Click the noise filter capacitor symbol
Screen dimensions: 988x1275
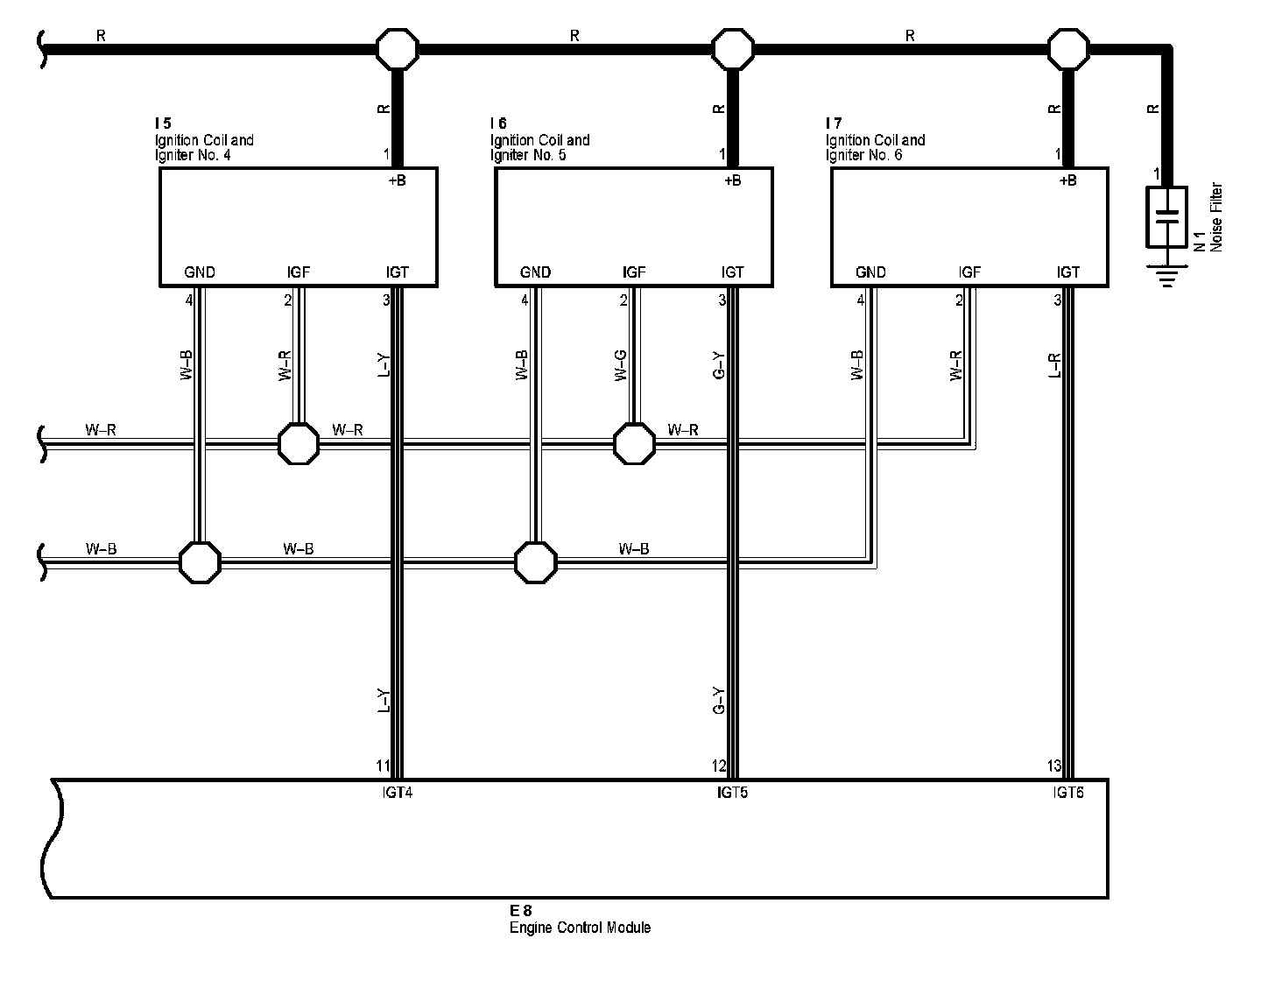[x=1166, y=216]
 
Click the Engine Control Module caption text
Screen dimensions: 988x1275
[x=580, y=928]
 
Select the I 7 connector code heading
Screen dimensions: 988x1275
[x=833, y=123]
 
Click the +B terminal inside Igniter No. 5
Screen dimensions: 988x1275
[x=733, y=181]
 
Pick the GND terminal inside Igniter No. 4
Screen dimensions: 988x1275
[x=200, y=272]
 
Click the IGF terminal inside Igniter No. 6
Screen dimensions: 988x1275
[x=969, y=272]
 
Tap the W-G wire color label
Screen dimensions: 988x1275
[x=621, y=365]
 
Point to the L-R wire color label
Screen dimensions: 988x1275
[x=1055, y=365]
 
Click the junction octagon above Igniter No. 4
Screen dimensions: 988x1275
[x=397, y=48]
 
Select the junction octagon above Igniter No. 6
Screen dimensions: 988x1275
[x=1068, y=48]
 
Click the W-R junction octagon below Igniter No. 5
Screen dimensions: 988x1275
[x=634, y=444]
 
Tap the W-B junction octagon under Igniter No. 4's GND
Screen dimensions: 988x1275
[x=200, y=561]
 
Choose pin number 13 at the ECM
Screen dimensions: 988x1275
[x=1054, y=766]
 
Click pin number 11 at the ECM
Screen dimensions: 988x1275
[x=384, y=766]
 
